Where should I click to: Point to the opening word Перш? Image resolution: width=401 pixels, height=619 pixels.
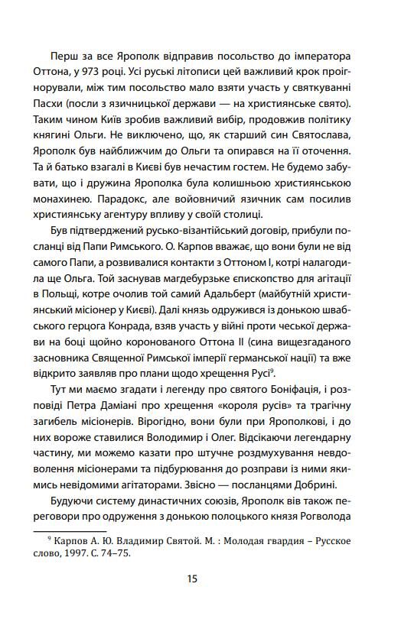pyautogui.click(x=64, y=57)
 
